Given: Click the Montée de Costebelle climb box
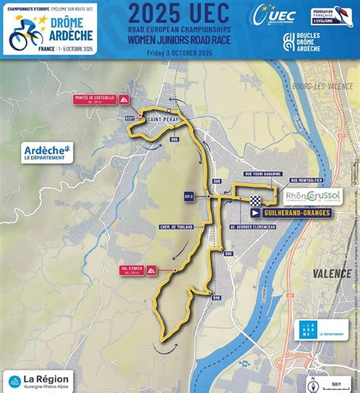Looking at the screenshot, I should (x=96, y=99).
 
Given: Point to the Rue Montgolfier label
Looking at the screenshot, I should (x=306, y=180).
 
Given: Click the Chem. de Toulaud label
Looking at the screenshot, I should (x=179, y=226).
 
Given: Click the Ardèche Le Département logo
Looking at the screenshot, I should (x=49, y=152).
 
